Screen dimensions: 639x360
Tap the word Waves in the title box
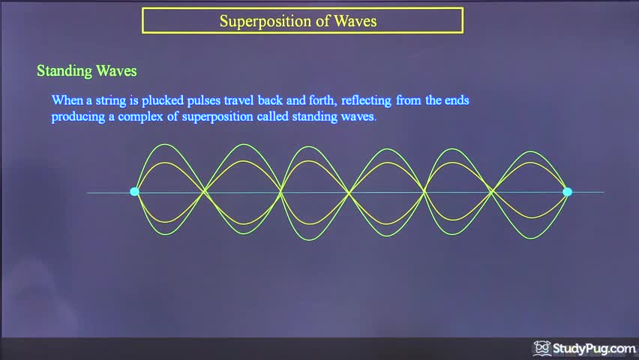point(355,21)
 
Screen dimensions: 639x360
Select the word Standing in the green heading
point(64,71)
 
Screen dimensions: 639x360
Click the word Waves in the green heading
point(116,71)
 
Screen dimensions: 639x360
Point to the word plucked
point(163,100)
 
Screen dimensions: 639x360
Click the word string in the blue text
point(109,100)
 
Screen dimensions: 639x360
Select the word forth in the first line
point(323,100)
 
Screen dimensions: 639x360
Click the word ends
point(457,100)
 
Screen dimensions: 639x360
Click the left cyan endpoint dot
point(134,191)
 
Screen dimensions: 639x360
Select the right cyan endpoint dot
point(567,191)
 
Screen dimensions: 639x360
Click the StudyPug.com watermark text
point(594,349)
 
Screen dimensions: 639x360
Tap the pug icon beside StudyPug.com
point(542,348)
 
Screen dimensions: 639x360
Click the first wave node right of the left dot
point(205,191)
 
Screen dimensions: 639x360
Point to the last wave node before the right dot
point(492,190)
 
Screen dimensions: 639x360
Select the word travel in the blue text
point(238,100)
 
